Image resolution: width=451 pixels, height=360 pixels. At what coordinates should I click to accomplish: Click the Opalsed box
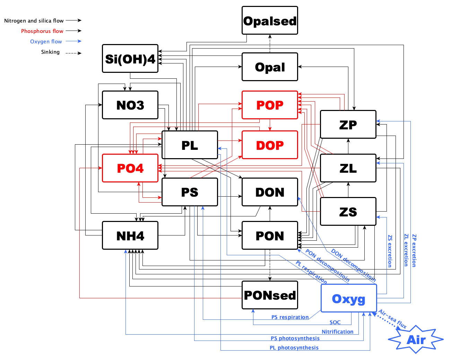tap(270, 20)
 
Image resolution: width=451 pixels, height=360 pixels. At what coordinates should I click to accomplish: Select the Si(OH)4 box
tap(130, 59)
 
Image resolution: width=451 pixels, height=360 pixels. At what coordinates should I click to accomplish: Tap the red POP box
tap(270, 105)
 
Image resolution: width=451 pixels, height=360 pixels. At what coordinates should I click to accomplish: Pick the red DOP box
tap(270, 145)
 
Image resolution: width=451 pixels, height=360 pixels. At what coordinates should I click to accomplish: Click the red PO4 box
tap(130, 168)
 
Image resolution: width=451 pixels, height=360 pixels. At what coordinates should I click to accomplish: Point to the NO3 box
tap(130, 105)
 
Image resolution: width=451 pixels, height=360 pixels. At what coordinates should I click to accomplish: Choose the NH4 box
tap(130, 235)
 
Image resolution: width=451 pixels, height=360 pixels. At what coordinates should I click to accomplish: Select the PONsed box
tap(270, 295)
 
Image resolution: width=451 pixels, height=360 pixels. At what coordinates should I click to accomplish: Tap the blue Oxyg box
tap(349, 298)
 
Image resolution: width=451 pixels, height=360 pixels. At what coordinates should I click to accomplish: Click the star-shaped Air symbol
tap(416, 340)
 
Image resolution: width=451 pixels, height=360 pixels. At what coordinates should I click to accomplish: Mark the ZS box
tap(348, 212)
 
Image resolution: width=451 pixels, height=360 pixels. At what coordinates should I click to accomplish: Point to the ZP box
tap(348, 125)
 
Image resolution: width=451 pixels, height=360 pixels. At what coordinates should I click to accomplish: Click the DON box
tap(270, 192)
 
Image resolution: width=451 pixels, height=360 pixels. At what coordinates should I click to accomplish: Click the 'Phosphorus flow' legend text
tap(42, 31)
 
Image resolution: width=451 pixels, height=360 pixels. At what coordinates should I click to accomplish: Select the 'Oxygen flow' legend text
tap(46, 42)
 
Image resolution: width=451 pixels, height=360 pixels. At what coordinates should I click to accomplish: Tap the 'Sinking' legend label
tap(50, 52)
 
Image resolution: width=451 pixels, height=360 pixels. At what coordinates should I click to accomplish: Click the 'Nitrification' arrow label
tap(337, 332)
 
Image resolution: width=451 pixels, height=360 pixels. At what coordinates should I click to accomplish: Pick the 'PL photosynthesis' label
tap(294, 348)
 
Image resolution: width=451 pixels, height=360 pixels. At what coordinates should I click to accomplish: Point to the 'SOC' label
tap(335, 323)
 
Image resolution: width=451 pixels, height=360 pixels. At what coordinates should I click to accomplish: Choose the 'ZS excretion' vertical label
tap(390, 251)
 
